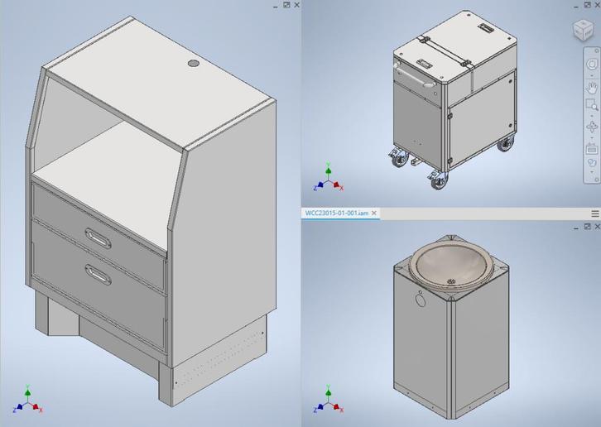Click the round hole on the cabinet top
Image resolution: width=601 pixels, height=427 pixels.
click(x=194, y=64)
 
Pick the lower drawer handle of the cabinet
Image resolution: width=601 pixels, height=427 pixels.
click(x=98, y=276)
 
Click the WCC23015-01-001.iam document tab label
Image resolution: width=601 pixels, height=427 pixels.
click(x=336, y=213)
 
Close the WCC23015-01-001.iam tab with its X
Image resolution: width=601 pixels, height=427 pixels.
click(x=374, y=213)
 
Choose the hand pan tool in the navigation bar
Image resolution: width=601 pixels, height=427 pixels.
click(x=592, y=86)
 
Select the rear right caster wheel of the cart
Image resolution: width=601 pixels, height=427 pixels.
click(x=504, y=146)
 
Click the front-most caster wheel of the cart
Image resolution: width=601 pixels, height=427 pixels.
click(x=438, y=178)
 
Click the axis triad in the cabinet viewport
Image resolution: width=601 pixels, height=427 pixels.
click(x=27, y=404)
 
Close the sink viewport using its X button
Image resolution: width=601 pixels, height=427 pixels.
click(x=595, y=226)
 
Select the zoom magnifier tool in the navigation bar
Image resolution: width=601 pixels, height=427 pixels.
click(x=592, y=105)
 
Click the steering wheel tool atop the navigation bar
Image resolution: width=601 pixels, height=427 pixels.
click(x=592, y=65)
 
